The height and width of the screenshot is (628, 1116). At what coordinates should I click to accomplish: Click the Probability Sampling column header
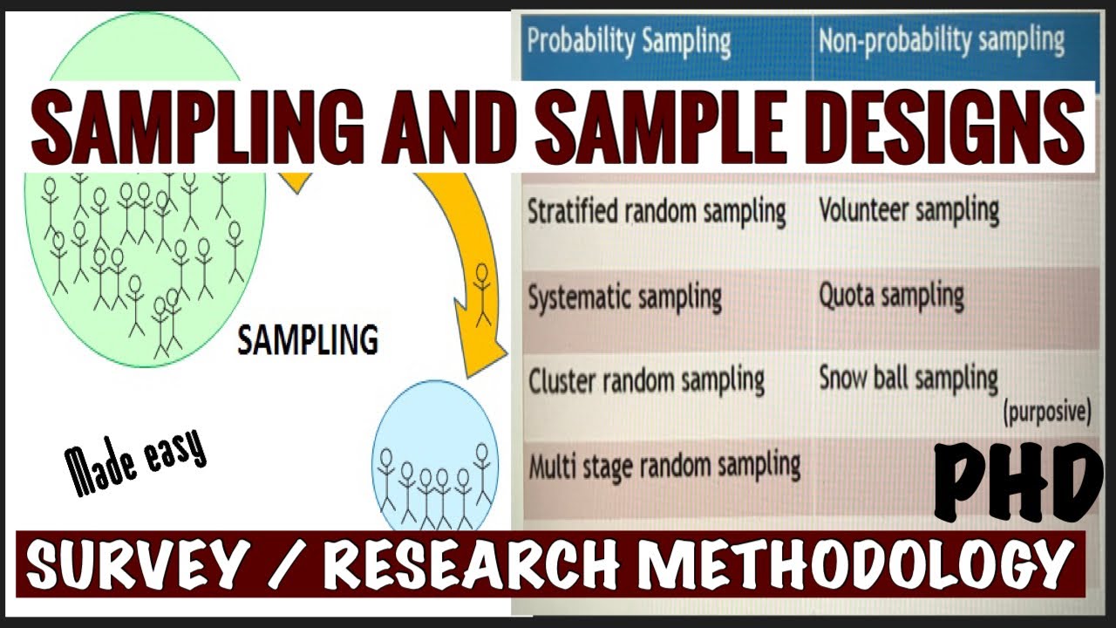coord(628,42)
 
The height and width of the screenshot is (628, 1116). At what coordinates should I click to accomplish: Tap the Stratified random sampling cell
coord(656,212)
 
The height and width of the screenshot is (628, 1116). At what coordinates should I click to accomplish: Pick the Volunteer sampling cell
coord(908,210)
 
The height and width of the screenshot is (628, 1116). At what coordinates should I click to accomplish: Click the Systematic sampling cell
coord(624,297)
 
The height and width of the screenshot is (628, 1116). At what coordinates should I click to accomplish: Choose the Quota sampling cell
coord(891,296)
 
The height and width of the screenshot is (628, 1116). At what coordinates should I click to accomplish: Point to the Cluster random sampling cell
coord(646,380)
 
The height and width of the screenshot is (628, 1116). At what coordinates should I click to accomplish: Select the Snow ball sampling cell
coord(908,379)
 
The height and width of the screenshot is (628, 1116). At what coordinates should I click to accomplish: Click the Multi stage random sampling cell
coord(664,465)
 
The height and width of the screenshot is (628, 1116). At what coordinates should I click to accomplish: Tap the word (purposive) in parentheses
coord(1047,413)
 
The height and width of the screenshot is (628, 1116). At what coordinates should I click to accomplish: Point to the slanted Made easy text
coord(137,459)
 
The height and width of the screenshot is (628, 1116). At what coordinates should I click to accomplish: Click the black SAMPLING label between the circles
coord(308,340)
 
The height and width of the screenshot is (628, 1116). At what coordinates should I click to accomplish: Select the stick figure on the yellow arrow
coord(481,295)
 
